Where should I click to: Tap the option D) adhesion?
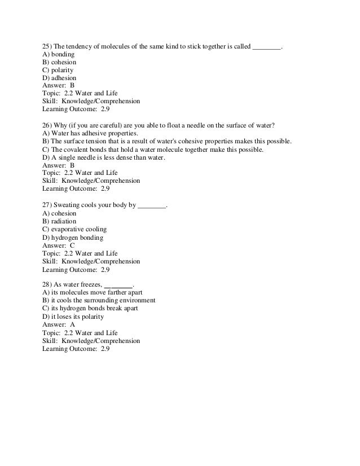[59, 78]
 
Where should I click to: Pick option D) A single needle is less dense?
[104, 157]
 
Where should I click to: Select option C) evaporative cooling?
[74, 229]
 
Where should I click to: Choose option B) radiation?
[59, 221]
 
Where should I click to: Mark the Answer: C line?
[58, 245]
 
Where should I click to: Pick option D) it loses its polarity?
[73, 317]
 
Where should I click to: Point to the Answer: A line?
[58, 325]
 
